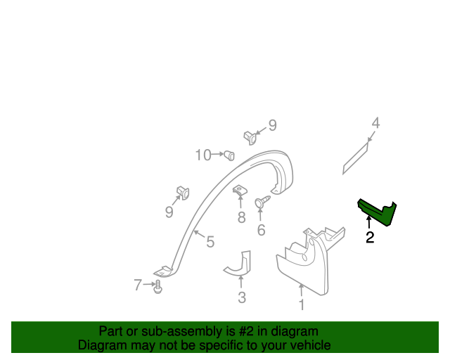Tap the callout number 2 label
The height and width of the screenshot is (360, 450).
point(370,238)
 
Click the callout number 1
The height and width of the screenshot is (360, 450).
point(302,305)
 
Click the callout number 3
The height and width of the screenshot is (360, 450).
point(242,297)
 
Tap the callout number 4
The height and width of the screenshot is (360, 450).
point(376,123)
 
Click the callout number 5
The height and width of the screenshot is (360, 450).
point(210,243)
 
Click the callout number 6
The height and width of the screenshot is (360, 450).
point(262,230)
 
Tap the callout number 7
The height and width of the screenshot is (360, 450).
point(138,285)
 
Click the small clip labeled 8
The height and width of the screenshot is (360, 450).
point(239,191)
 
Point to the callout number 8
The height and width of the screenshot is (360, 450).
point(241,217)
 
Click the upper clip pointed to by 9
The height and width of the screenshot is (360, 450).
point(249,136)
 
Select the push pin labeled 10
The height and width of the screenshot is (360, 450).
point(229,154)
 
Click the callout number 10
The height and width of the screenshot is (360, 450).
point(203,155)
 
